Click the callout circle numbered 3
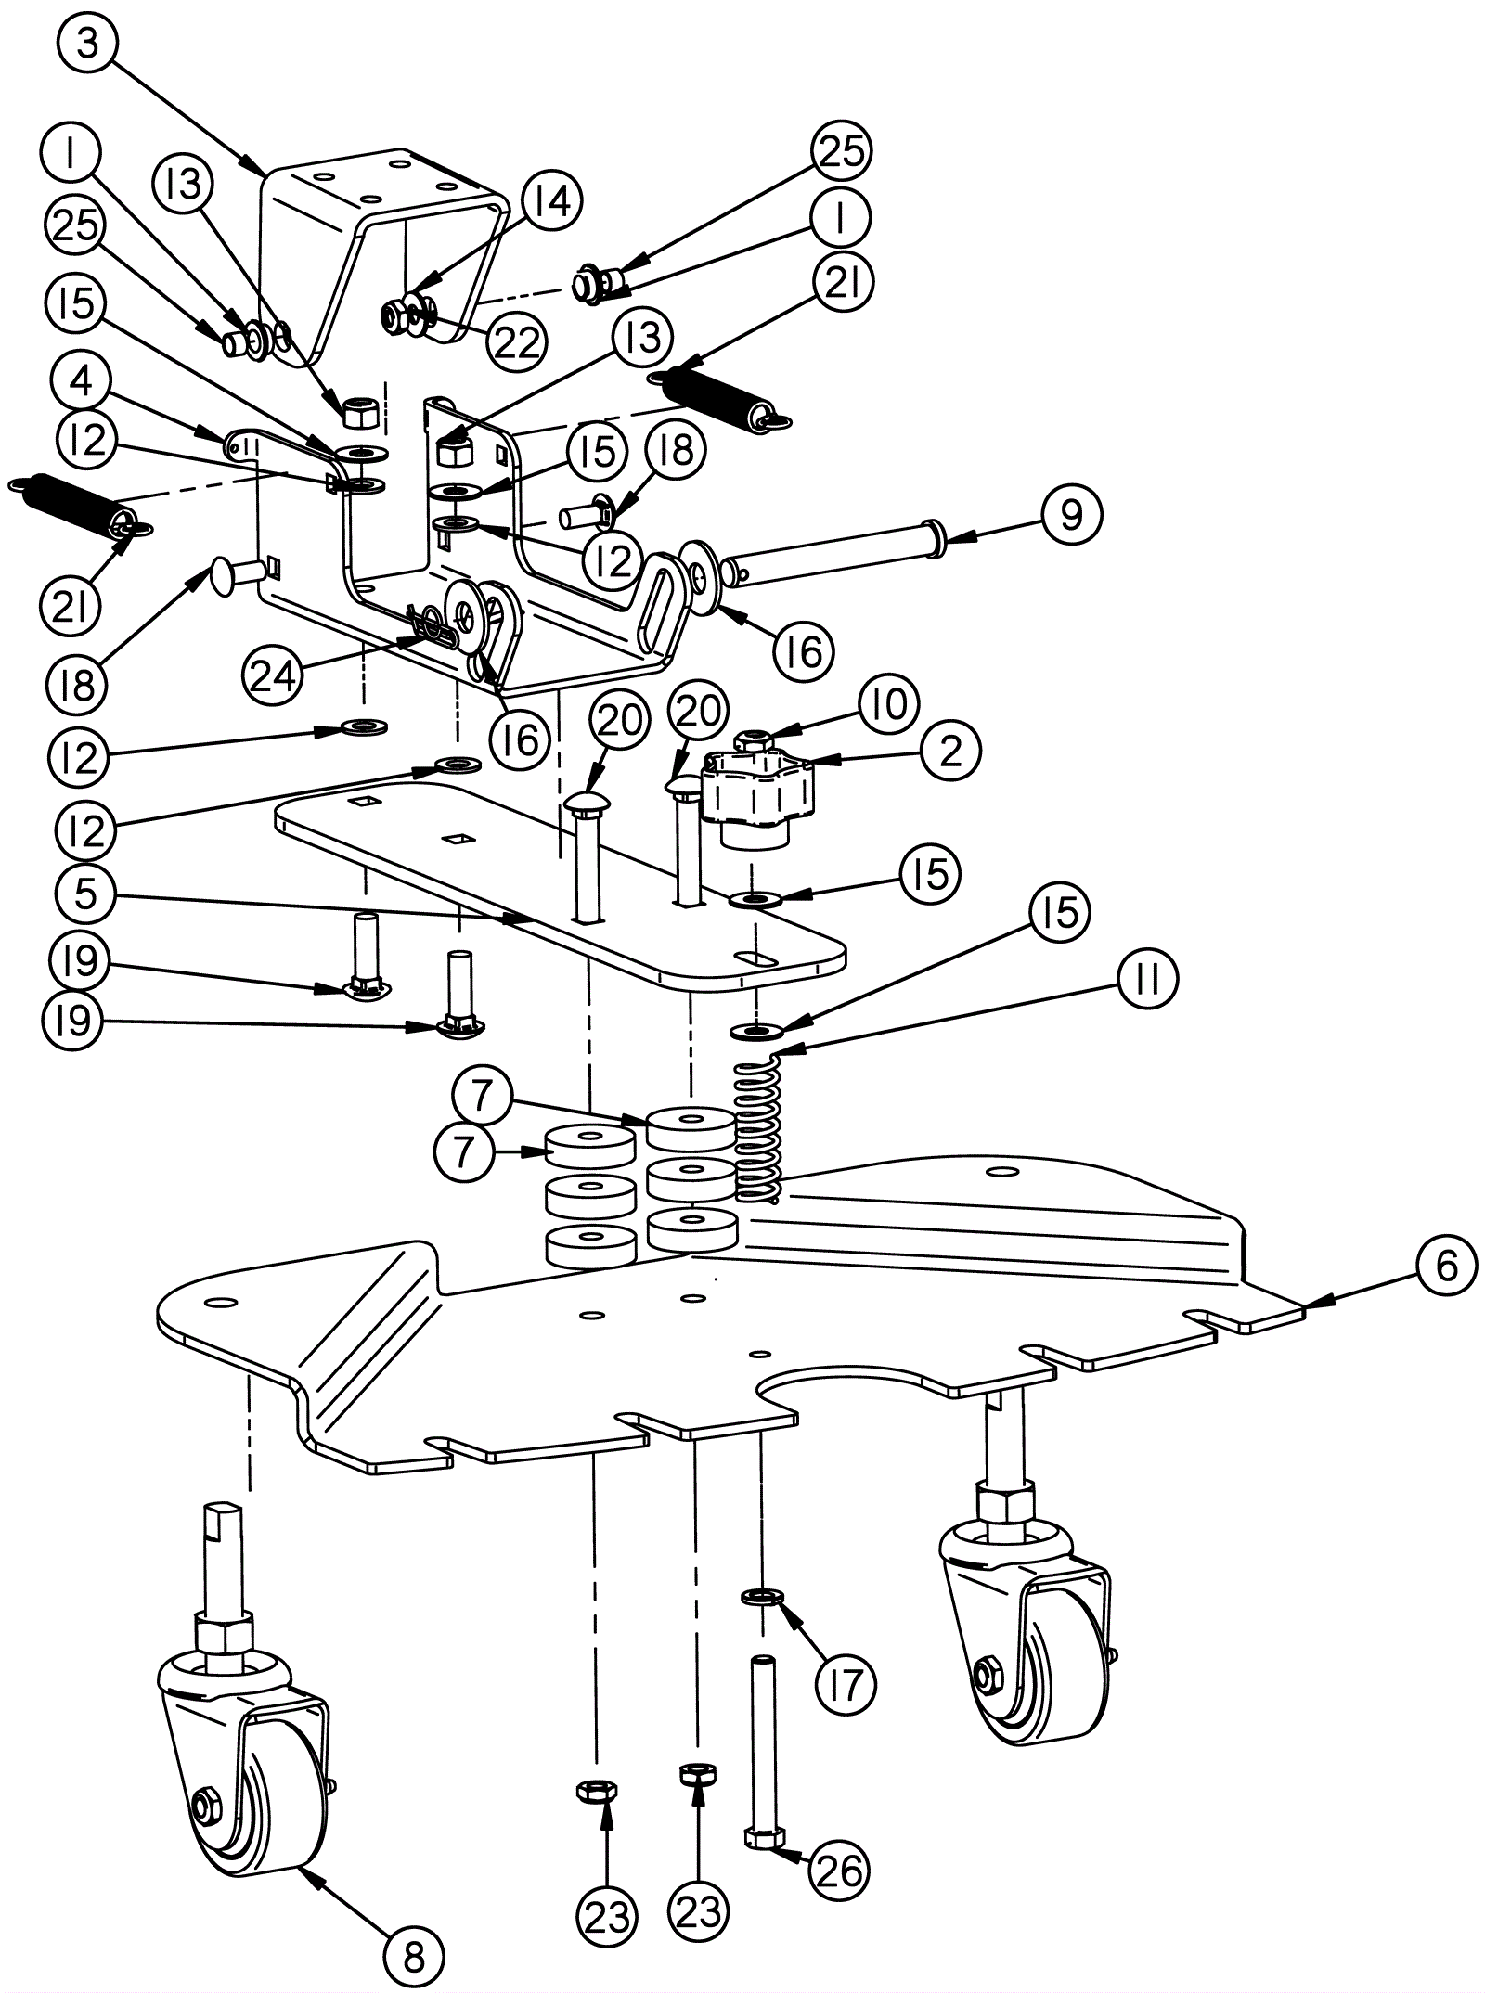[x=87, y=42]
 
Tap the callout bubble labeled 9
[x=1070, y=513]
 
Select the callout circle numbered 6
[x=1446, y=1266]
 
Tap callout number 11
[x=1147, y=980]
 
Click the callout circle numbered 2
[x=950, y=751]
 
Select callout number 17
[x=846, y=1681]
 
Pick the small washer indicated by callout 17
[x=762, y=1596]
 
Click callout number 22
[x=516, y=342]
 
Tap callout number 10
[x=888, y=703]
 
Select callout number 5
[x=84, y=894]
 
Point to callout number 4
[x=83, y=381]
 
